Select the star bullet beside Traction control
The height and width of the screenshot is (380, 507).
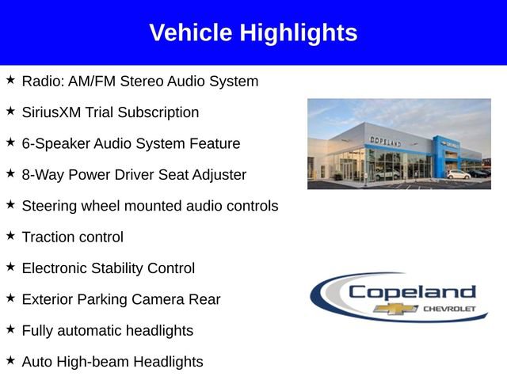10,235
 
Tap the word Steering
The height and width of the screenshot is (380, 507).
49,206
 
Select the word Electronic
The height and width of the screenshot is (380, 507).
55,268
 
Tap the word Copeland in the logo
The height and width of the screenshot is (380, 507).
412,292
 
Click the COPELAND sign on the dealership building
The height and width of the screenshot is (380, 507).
386,141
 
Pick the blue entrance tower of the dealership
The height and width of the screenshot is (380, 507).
440,156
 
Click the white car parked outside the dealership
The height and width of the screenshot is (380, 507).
458,174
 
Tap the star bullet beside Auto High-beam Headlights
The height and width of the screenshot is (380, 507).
10,360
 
